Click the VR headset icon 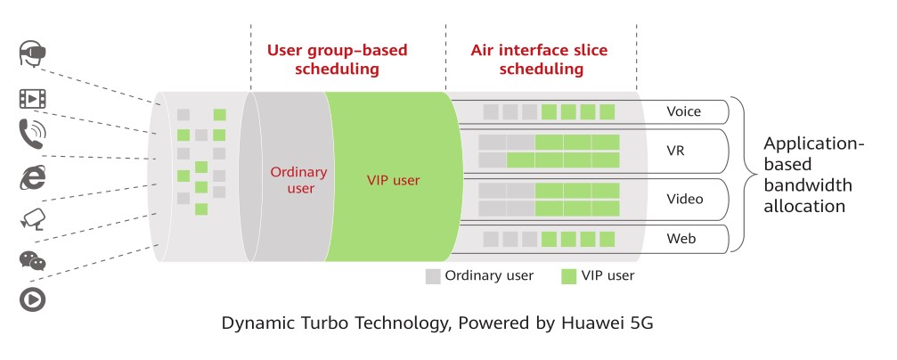click(32, 54)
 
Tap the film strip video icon click(32, 99)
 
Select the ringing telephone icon click(32, 134)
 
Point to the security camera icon click(33, 218)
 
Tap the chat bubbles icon click(33, 260)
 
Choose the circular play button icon click(33, 299)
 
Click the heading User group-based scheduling click(337, 60)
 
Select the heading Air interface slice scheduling click(539, 60)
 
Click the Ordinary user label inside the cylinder click(298, 180)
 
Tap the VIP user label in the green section click(393, 181)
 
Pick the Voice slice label click(683, 111)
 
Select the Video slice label click(685, 200)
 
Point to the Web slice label click(681, 238)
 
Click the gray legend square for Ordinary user click(433, 276)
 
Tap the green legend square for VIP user click(568, 276)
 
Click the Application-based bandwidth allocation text click(813, 175)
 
